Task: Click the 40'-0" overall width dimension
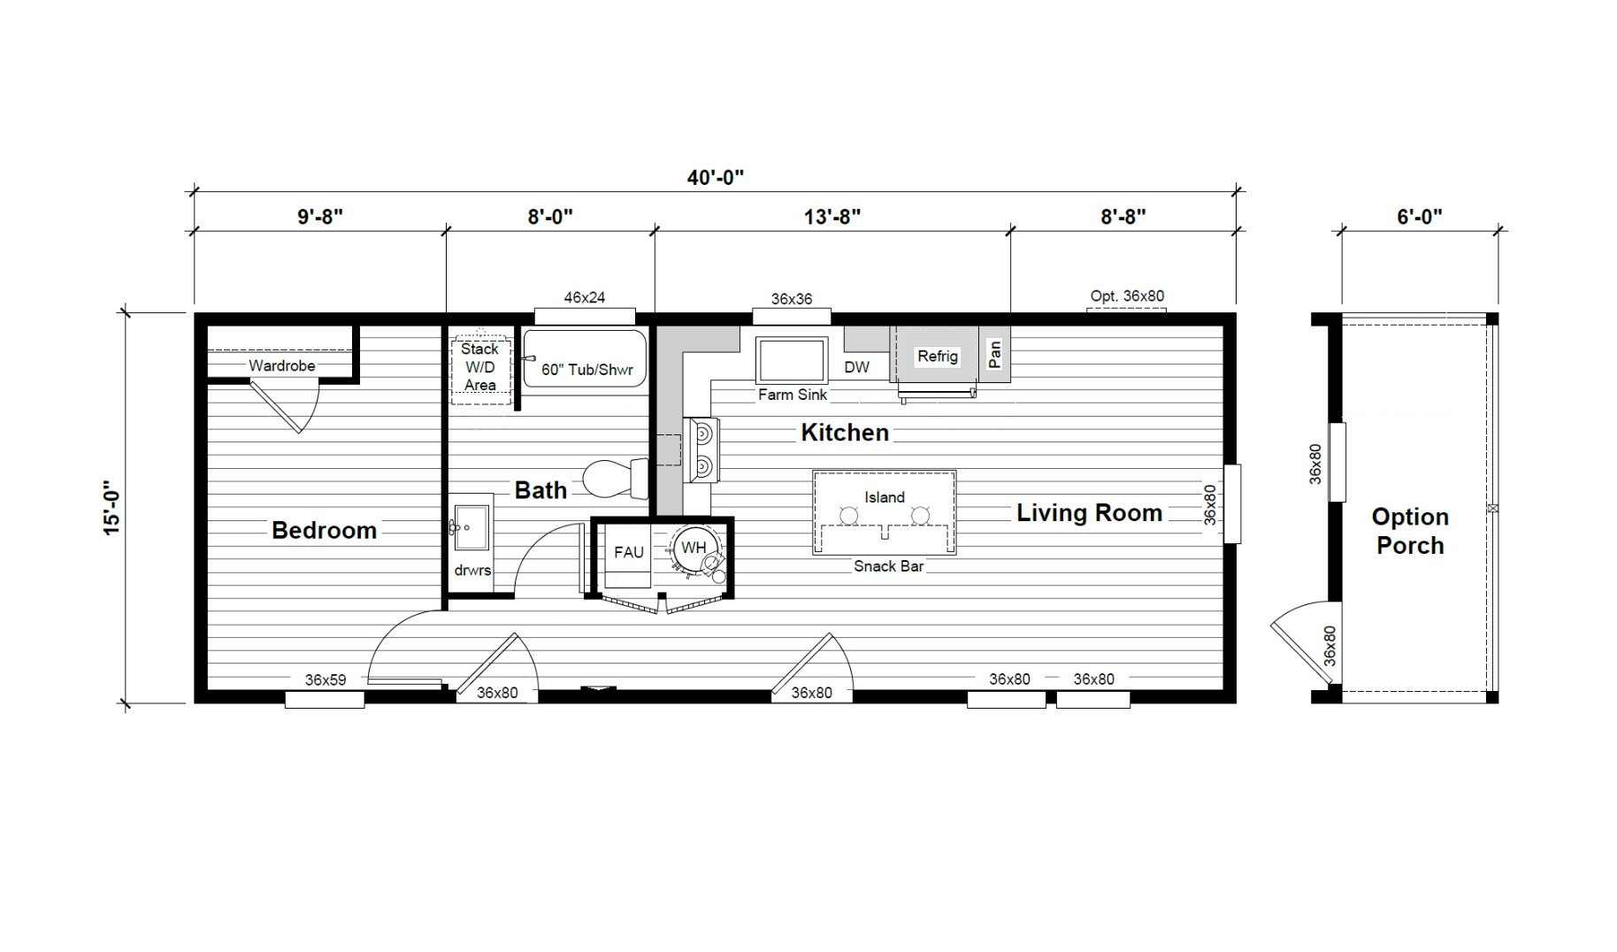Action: coord(715,177)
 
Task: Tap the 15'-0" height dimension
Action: coord(111,508)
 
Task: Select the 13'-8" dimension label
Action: coord(832,216)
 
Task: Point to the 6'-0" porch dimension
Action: coord(1420,216)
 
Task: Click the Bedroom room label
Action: coord(324,530)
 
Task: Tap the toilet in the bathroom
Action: coord(616,479)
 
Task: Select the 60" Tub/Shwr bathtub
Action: coord(585,358)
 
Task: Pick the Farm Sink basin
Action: coord(792,360)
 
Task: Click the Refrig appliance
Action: coord(938,357)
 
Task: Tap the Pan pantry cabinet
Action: coord(995,354)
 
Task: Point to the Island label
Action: coord(885,497)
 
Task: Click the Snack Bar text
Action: coord(888,566)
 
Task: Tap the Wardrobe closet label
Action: coord(281,365)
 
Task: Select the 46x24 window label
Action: coord(585,298)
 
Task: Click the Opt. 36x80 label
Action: coord(1127,296)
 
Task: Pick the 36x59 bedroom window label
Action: coord(326,680)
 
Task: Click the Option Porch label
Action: coord(1410,531)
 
